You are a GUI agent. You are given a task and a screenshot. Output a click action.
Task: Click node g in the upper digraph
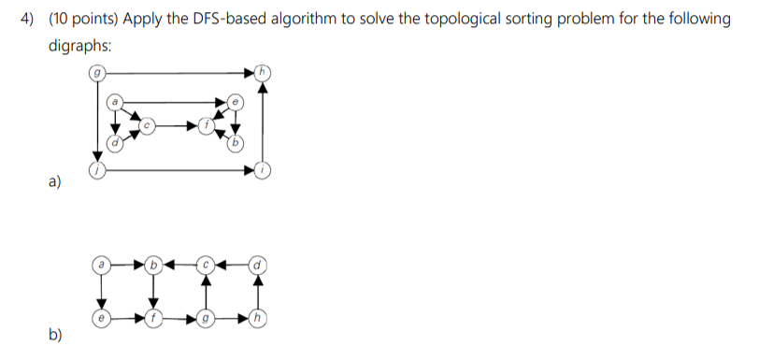coord(96,71)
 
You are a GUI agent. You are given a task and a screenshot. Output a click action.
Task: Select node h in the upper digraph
coord(264,71)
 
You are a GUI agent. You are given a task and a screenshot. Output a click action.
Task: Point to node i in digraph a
coord(264,169)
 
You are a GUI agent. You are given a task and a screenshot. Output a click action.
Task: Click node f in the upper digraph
coord(208,124)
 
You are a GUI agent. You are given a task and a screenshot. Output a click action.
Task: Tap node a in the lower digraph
coord(101,266)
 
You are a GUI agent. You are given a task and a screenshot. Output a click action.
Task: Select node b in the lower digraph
coord(156,266)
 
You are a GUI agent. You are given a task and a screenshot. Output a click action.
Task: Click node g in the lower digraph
coord(208,318)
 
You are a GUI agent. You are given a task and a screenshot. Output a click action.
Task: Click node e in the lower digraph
coord(101,318)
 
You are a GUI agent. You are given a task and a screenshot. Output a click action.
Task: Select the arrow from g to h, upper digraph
coord(178,71)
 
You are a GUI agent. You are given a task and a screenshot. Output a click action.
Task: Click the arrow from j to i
coord(178,169)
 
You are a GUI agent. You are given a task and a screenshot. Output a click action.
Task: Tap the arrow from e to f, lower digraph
coord(128,318)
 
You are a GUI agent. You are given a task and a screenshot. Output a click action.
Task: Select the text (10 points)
coord(80,21)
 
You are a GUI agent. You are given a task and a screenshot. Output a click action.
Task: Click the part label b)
coord(56,334)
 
